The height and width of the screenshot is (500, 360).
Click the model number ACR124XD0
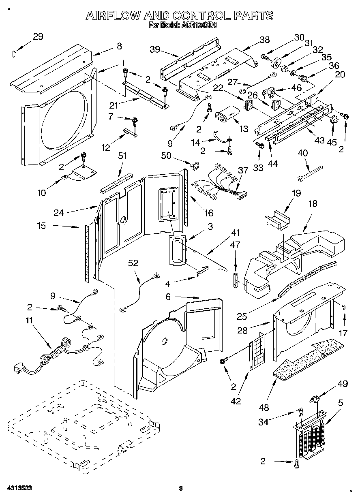coord(199,25)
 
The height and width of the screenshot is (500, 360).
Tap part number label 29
coord(38,36)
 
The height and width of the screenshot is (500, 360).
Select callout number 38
coord(264,40)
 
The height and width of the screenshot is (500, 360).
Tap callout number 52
coord(133,263)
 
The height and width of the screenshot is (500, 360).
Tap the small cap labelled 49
coord(313,400)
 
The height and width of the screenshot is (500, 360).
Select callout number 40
coord(303,153)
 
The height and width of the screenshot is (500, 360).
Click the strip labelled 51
coord(116,180)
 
